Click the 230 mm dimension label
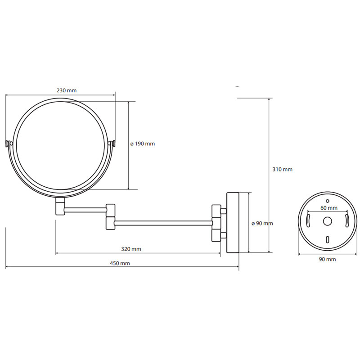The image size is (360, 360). pos(67,90)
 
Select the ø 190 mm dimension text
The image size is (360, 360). pos(143,144)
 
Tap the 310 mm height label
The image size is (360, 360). pos(283,170)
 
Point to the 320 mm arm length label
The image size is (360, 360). pos(131,249)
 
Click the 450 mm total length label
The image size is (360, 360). pos(120,263)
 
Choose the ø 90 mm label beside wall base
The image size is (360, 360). pos(262,223)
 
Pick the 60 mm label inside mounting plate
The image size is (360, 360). pos(329,208)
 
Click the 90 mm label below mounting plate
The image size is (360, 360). pos(328,259)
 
